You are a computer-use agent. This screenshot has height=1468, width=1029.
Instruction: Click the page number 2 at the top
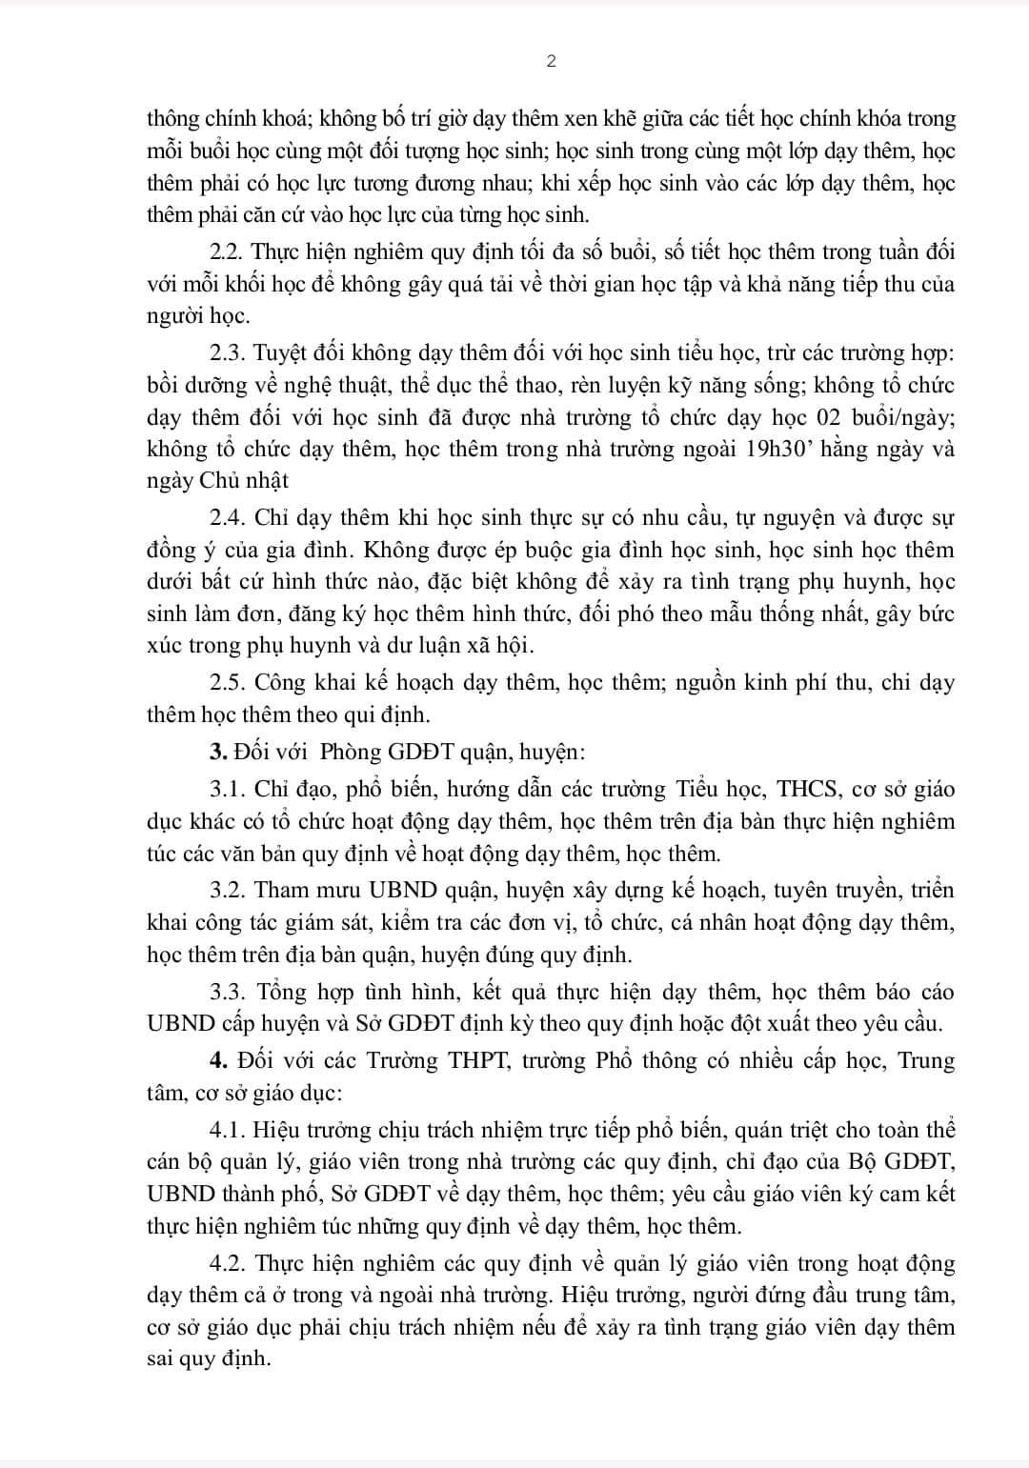tap(552, 62)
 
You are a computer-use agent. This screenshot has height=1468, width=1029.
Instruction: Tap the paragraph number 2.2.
tap(226, 252)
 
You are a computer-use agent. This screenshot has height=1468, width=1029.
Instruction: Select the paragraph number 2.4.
tap(227, 517)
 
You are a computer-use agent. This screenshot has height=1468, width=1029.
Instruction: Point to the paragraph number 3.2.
tap(227, 890)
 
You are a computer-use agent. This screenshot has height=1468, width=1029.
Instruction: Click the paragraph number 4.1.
tap(228, 1130)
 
